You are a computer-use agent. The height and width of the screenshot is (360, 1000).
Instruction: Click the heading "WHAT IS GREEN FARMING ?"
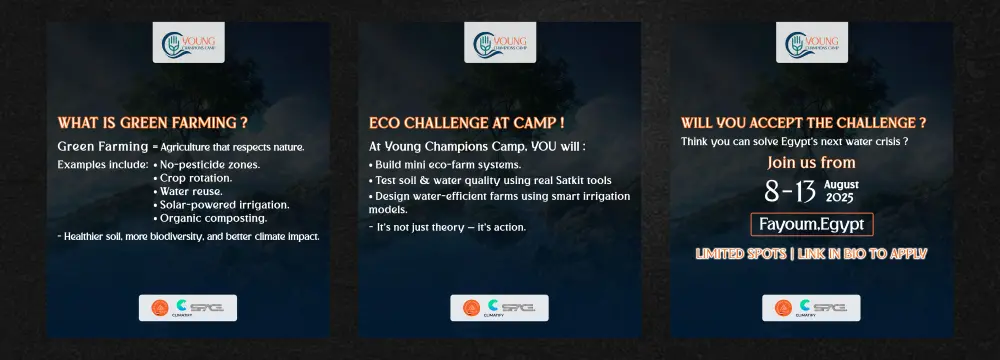click(152, 123)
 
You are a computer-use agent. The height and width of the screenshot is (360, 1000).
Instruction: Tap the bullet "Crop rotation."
click(193, 178)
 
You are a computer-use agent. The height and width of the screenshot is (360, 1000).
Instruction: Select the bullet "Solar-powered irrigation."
click(221, 205)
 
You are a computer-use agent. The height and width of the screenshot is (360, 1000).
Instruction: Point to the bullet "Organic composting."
click(210, 218)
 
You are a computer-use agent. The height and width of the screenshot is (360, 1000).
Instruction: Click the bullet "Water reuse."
click(188, 191)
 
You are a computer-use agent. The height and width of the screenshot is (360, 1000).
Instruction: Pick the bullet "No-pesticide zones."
click(207, 165)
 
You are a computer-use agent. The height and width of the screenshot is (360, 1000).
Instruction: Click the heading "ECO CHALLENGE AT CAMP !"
click(466, 123)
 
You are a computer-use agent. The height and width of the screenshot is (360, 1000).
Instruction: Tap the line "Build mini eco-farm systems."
click(445, 165)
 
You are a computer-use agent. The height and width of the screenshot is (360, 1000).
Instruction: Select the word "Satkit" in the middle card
click(558, 181)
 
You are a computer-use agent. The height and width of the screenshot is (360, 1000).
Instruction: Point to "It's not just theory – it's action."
click(447, 227)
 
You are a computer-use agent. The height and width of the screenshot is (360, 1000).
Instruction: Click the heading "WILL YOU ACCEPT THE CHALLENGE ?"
click(804, 123)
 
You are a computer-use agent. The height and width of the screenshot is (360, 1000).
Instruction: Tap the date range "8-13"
click(791, 191)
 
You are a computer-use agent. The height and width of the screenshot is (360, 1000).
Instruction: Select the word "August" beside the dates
click(841, 184)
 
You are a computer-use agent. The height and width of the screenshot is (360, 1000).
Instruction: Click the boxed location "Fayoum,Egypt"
click(812, 225)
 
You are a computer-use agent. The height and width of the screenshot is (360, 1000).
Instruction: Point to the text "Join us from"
click(811, 163)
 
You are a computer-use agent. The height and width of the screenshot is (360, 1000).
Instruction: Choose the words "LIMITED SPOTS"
click(740, 254)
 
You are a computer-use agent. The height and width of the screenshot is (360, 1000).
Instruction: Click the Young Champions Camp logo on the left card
click(188, 43)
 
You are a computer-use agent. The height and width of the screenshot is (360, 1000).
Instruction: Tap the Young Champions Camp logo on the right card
click(812, 43)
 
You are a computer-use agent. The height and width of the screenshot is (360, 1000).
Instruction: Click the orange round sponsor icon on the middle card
click(471, 308)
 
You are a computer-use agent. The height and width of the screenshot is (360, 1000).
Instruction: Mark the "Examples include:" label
click(103, 165)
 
